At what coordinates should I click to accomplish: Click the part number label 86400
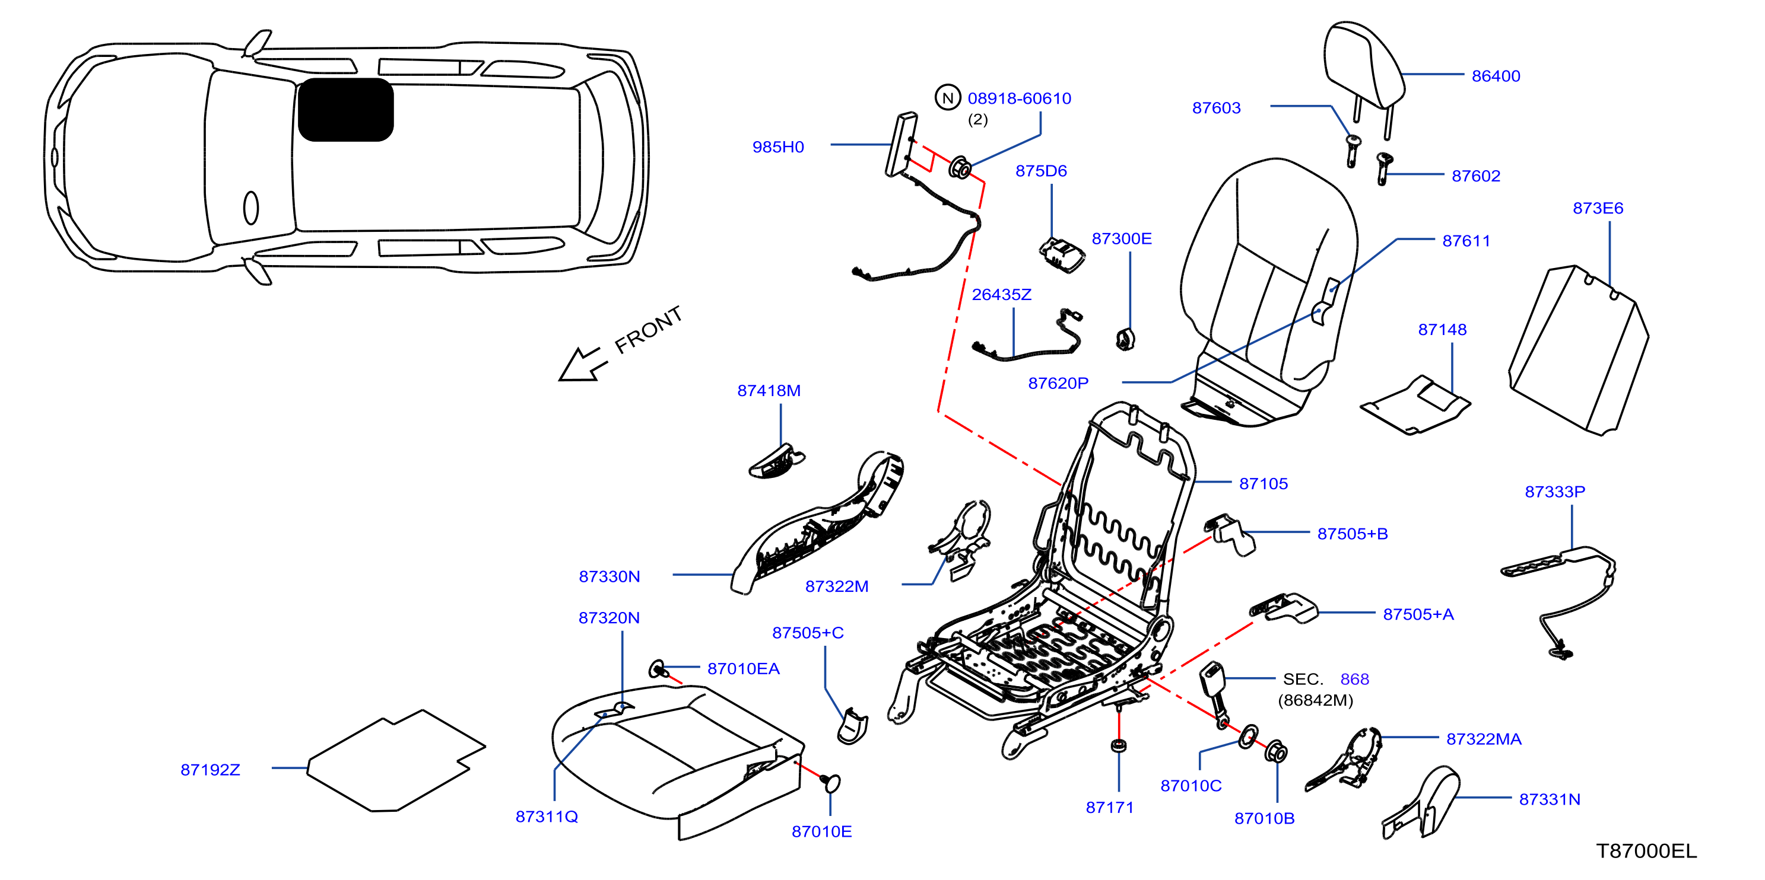coord(1496,76)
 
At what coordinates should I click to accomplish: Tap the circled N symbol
coord(948,98)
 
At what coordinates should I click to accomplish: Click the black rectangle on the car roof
coord(346,110)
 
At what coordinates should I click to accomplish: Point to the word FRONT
coord(648,330)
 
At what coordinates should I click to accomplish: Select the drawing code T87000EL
coord(1646,850)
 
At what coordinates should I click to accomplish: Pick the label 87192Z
coord(210,770)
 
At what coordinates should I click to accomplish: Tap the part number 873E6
coord(1598,208)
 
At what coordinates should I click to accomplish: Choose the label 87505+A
coord(1418,614)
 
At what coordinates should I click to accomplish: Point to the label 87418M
coord(769,390)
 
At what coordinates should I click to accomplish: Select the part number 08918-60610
coord(1020,98)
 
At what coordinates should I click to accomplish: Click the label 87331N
coord(1550,799)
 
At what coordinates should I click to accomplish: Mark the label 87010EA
coord(744,668)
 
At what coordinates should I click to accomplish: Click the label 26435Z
coord(1002,295)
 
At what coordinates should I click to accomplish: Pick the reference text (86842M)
coord(1316,700)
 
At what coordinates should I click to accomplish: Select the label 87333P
coord(1555,492)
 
